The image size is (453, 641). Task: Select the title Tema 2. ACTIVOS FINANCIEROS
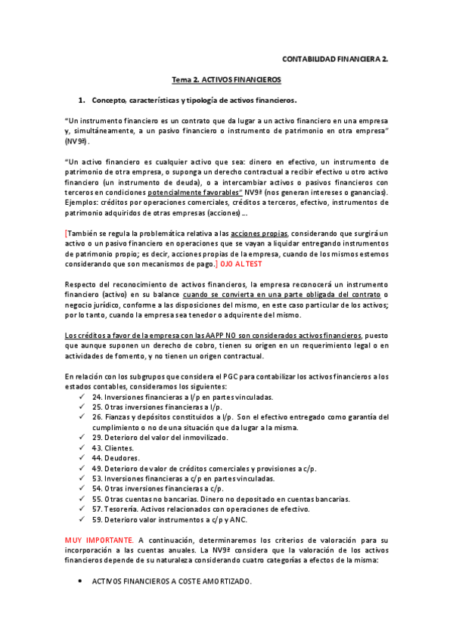[226, 79]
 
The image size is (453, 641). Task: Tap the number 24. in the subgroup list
[97, 397]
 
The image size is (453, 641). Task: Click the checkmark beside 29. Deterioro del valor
[82, 438]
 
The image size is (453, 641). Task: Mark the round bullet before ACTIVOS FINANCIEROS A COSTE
[81, 581]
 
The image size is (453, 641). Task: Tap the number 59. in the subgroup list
[97, 520]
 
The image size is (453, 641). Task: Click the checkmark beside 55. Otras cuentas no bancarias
[82, 500]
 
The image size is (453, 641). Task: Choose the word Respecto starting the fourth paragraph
[81, 285]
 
